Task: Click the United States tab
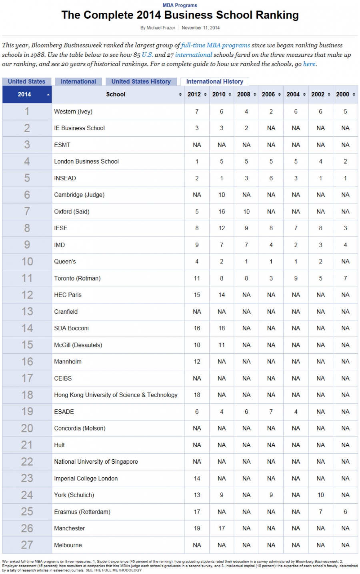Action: pos(27,82)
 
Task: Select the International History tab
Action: pos(215,82)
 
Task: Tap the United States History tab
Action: pos(141,82)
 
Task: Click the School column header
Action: pos(116,94)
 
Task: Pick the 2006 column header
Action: pos(268,94)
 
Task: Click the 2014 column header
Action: pos(24,94)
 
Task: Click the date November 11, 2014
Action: pos(201,28)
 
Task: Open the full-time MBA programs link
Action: pos(216,45)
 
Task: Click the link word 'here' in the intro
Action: pos(309,64)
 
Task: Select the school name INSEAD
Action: pos(65,178)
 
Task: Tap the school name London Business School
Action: pos(86,161)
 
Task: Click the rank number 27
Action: pos(27,545)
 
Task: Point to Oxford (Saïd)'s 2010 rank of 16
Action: pos(222,211)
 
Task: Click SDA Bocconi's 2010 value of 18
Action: pos(222,328)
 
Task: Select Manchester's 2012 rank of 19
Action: pos(197,528)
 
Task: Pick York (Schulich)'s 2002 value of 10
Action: pos(320,495)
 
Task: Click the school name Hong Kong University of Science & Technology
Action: pos(116,395)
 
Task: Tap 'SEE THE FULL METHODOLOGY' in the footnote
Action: pos(114,570)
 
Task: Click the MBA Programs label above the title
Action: pos(180,5)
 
